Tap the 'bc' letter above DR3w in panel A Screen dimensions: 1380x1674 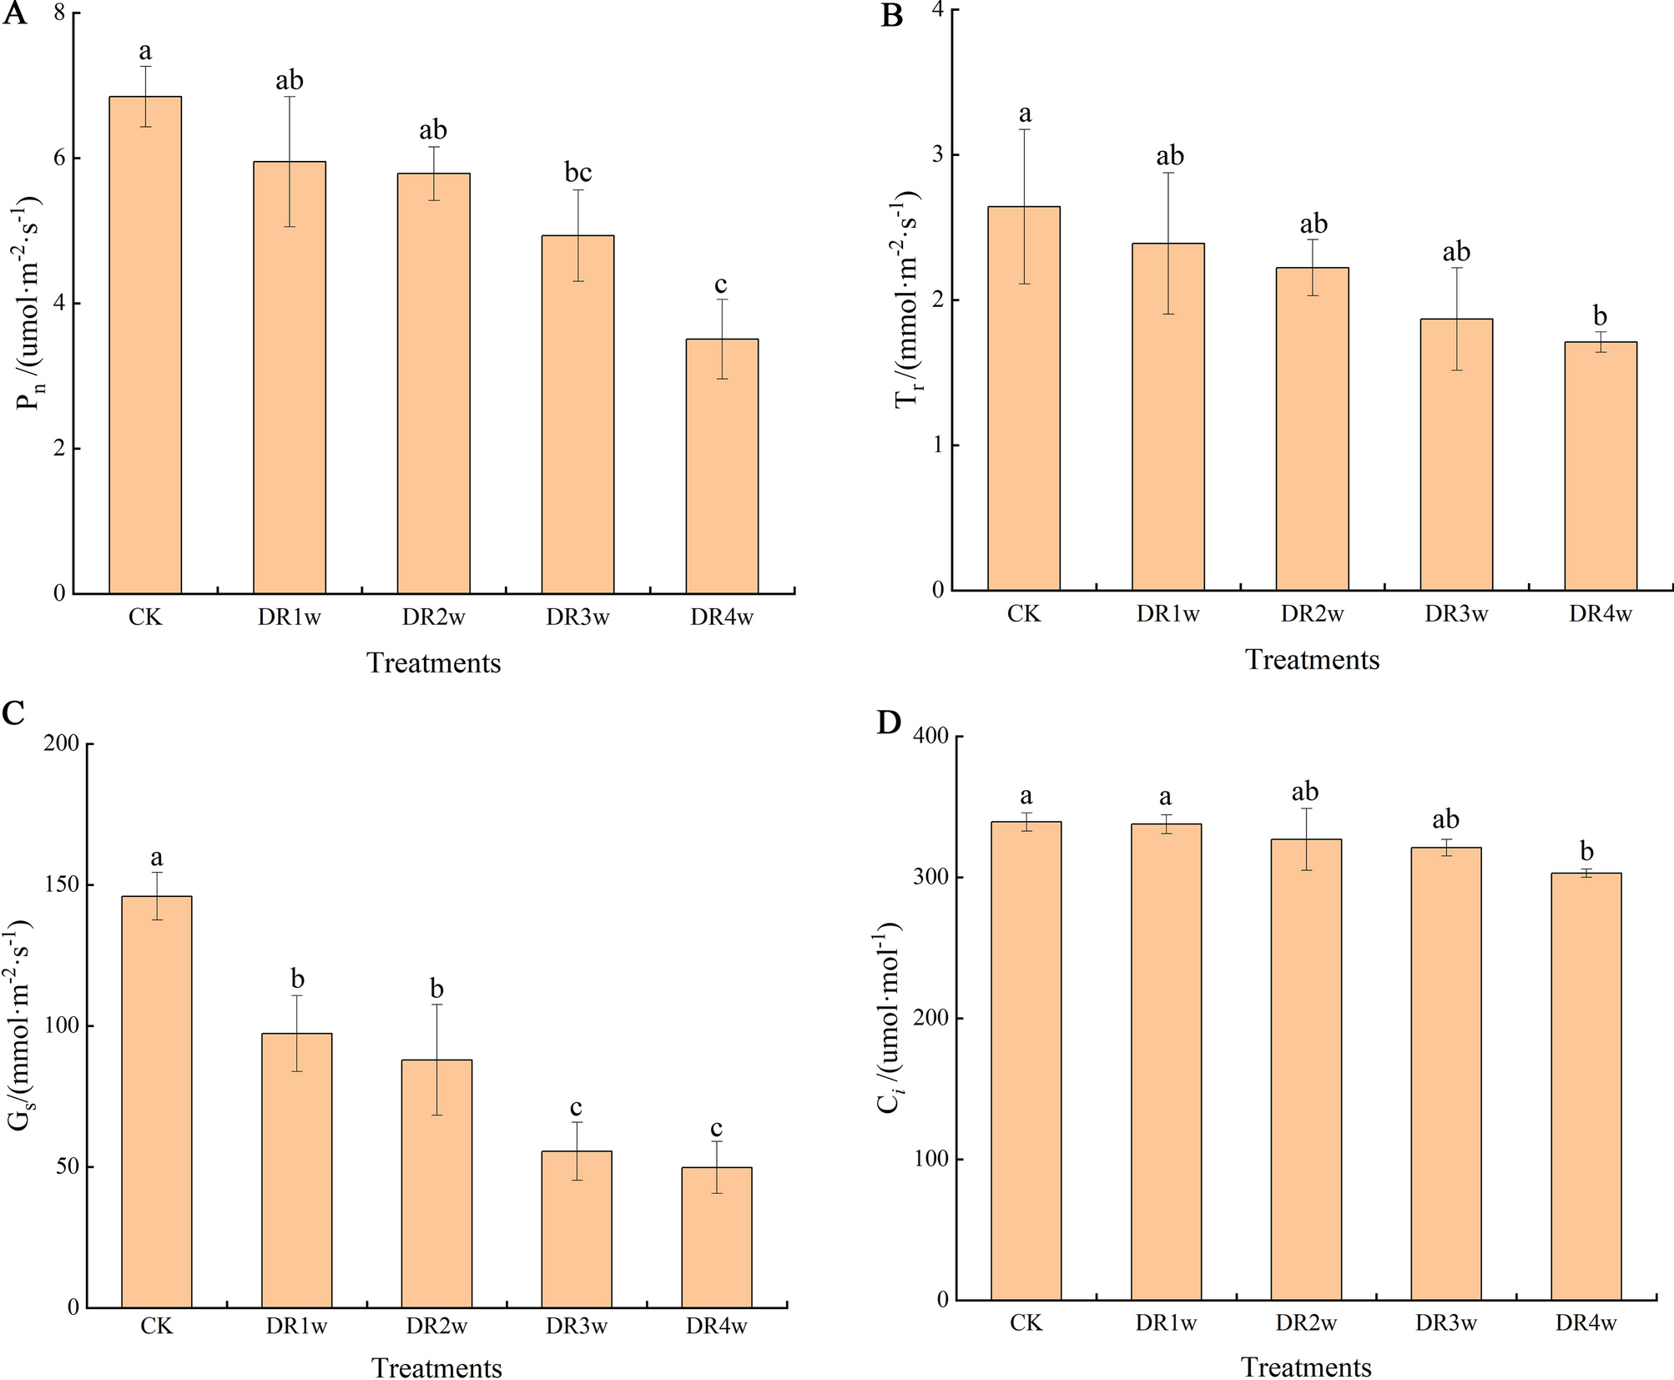coord(577,173)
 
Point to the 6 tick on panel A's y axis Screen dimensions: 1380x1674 coord(58,159)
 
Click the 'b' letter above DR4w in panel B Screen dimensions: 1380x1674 coord(1600,316)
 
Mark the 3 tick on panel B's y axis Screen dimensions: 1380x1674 coord(937,155)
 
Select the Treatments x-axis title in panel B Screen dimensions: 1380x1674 coord(1312,660)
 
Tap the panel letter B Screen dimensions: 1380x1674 coord(891,16)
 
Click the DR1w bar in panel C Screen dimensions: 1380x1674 coord(296,1170)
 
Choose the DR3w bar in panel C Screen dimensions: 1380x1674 coord(577,1229)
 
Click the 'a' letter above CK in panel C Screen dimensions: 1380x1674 coord(156,857)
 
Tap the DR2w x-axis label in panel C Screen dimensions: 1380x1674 coord(436,1327)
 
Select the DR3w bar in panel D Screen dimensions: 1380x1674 coord(1445,1073)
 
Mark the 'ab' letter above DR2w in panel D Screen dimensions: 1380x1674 coord(1305,791)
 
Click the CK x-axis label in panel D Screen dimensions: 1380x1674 coord(1026,1323)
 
